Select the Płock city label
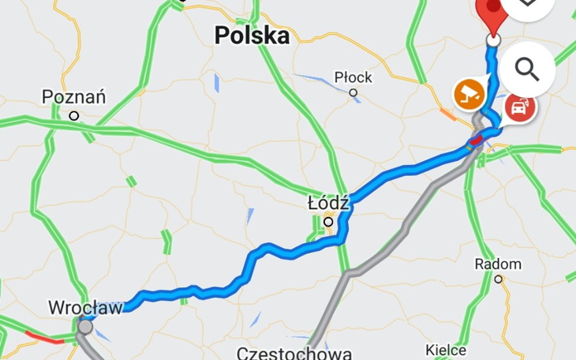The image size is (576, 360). (x=353, y=77)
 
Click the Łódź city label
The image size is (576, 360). (x=328, y=204)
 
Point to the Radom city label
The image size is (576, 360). (x=498, y=264)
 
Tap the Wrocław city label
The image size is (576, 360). (x=85, y=307)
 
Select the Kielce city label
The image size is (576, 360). (x=446, y=350)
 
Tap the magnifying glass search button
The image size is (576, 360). (x=526, y=69)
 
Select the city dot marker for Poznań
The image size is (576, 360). (x=74, y=115)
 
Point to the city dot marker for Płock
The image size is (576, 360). (x=353, y=92)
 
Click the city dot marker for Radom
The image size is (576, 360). (x=498, y=279)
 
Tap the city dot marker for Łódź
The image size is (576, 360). (x=329, y=223)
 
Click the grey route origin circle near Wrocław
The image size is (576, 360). (x=85, y=326)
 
